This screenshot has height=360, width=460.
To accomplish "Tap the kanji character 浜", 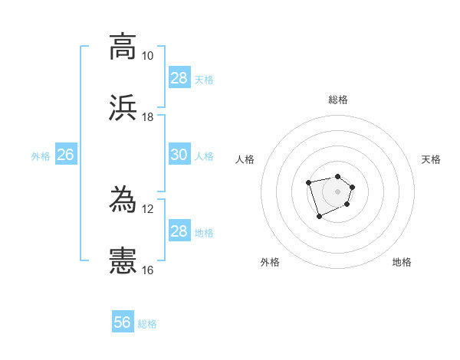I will point(123,108).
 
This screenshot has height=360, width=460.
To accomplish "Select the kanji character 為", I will point(123,199).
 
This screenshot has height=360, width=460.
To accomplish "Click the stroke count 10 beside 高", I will point(147,56).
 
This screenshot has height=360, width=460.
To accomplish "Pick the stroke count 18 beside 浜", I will point(147,117).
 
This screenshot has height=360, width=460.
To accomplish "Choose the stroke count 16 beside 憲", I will point(147,270).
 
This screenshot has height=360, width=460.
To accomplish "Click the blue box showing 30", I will point(179,155).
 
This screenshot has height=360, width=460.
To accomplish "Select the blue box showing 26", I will point(66,155).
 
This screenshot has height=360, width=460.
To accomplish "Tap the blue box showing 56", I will point(123,322).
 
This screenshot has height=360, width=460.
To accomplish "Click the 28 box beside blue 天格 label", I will point(179,78).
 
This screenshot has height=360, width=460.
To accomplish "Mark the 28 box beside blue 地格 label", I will point(179,231).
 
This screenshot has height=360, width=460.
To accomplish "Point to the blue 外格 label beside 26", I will point(41,156).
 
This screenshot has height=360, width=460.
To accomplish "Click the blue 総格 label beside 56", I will point(147,324).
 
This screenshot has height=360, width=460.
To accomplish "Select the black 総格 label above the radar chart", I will point(338,100).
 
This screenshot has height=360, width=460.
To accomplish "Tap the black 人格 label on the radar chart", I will point(245,159).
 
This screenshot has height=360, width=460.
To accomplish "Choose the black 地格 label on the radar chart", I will point(402,262).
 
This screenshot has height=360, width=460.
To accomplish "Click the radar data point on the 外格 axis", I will point(319,217).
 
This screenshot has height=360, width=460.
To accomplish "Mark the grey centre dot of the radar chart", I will point(338,191).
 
